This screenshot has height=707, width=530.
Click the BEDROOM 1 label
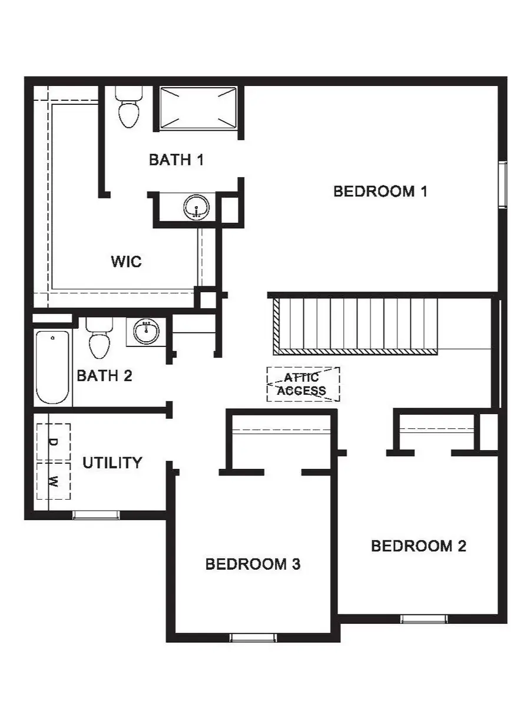380,191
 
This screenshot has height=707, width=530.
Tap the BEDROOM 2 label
418,546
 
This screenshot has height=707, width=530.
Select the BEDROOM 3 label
253,564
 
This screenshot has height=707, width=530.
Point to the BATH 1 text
176,160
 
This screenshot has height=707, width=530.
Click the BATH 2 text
104,376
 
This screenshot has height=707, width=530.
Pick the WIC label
126,261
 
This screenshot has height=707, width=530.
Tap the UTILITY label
112,463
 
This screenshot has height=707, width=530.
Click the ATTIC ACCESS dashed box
303,385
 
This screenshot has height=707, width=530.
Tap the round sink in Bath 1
196,207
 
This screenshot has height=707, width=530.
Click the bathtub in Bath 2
53,368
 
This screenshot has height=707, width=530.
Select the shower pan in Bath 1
198,108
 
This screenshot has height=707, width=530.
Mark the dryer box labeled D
53,442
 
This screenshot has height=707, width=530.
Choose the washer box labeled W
53,481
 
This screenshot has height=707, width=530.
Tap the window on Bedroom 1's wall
502,184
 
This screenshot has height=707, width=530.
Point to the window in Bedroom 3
253,637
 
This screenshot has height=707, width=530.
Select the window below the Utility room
95,516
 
